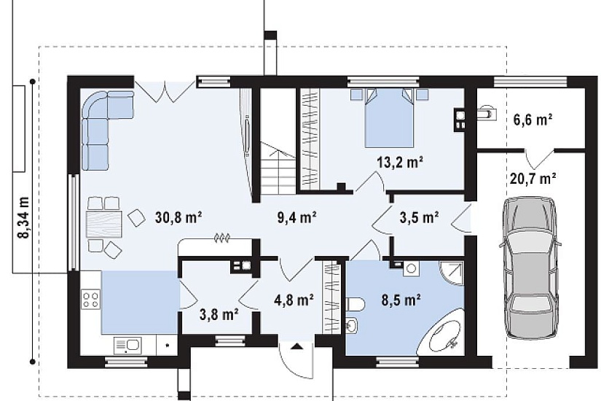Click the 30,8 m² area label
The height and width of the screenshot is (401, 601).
pyautogui.click(x=178, y=217)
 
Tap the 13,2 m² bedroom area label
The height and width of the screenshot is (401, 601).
pyautogui.click(x=400, y=163)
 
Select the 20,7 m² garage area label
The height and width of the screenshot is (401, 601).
pyautogui.click(x=533, y=178)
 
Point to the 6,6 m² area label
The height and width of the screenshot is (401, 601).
pyautogui.click(x=533, y=120)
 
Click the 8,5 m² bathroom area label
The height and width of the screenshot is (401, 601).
pyautogui.click(x=401, y=300)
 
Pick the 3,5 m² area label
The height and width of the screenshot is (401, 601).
pyautogui.click(x=420, y=217)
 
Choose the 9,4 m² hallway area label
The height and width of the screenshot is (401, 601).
pyautogui.click(x=296, y=217)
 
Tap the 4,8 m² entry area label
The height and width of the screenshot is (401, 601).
pyautogui.click(x=294, y=300)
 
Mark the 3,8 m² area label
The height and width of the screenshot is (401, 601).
pyautogui.click(x=219, y=315)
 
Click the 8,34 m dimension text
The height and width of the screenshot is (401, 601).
pyautogui.click(x=24, y=217)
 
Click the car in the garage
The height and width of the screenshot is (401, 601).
pyautogui.click(x=530, y=268)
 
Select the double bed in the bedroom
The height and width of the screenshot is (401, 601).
pyautogui.click(x=389, y=117)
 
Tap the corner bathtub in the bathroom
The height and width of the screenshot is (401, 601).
pyautogui.click(x=440, y=332)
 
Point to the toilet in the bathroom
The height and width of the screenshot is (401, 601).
pyautogui.click(x=356, y=305)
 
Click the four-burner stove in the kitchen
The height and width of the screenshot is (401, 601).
pyautogui.click(x=91, y=300)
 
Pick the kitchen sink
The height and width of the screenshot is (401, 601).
pyautogui.click(x=127, y=346)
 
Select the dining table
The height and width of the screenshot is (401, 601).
pyautogui.click(x=104, y=224)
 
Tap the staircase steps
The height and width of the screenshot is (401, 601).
pyautogui.click(x=278, y=169)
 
